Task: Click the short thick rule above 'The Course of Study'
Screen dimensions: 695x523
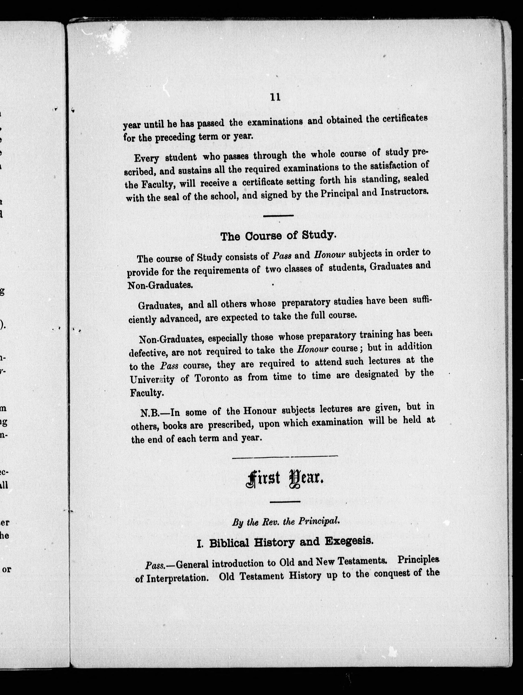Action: (278, 216)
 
